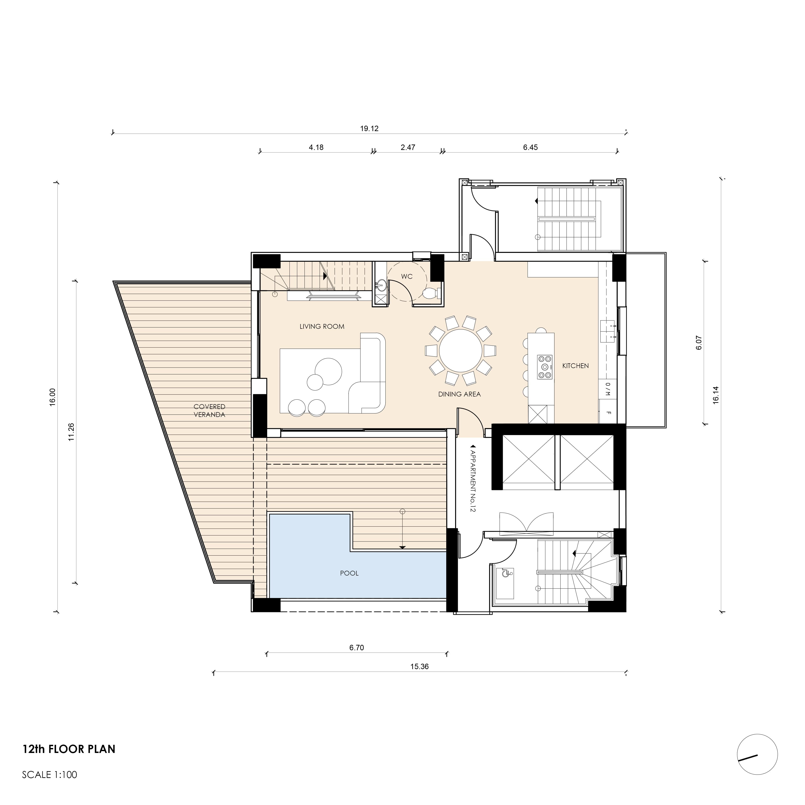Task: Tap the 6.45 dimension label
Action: [530, 147]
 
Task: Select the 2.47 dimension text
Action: [408, 147]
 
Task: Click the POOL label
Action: [349, 573]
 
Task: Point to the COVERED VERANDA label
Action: [209, 410]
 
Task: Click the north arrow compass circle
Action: [757, 755]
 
